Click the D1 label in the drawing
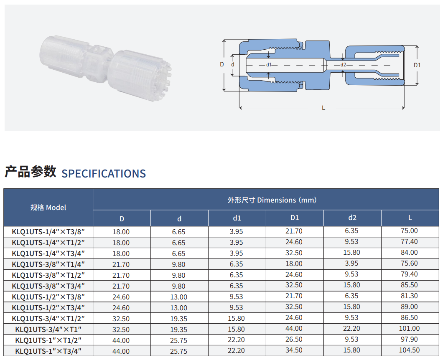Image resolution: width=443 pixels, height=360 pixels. pyautogui.click(x=417, y=65)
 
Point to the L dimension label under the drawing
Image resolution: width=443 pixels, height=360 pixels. pyautogui.click(x=323, y=108)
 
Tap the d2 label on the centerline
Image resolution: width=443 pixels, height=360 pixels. pyautogui.click(x=343, y=65)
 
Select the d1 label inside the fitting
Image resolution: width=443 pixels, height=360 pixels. pyautogui.click(x=269, y=65)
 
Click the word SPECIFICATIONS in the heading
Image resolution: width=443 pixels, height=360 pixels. pyautogui.click(x=104, y=173)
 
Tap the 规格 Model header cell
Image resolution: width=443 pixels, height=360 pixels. pyautogui.click(x=48, y=208)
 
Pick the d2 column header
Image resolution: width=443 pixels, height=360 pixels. pyautogui.click(x=352, y=218)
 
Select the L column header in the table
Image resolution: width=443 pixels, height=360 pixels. pyautogui.click(x=410, y=218)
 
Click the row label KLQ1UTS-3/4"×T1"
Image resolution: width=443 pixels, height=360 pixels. pyautogui.click(x=48, y=330)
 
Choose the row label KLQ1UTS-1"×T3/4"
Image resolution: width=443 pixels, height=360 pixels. pyautogui.click(x=48, y=351)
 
